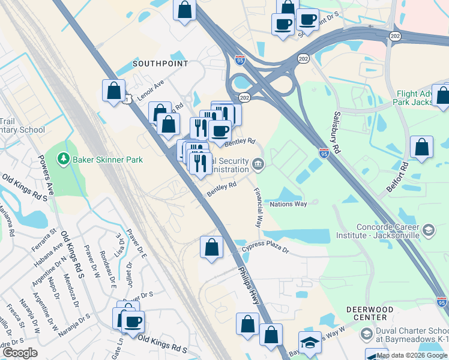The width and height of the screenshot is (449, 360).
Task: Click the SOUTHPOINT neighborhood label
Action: pos(160,64)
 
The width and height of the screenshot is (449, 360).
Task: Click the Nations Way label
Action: pos(288,204)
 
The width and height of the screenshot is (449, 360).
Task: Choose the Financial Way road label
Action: pos(258,208)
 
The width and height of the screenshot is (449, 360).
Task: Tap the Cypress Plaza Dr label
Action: pos(265,248)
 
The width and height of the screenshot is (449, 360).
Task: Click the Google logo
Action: pos(20,353)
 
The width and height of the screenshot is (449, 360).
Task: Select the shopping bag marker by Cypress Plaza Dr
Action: pos(211,247)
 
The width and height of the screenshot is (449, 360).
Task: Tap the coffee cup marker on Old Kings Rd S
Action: pos(133,321)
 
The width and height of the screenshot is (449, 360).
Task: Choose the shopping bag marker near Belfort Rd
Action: pos(422,147)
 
